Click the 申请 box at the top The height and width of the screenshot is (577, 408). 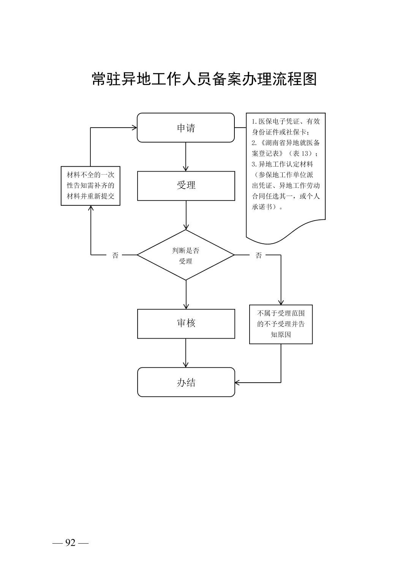tap(186, 128)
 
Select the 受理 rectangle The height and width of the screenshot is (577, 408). tap(186, 186)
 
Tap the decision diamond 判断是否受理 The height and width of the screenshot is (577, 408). tap(186, 255)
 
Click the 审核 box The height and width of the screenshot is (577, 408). tap(186, 323)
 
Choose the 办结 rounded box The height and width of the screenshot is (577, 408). tap(186, 382)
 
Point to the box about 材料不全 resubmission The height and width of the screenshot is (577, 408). tap(90, 186)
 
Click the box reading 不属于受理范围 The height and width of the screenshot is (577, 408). tap(281, 324)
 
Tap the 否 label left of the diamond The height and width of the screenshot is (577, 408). tap(115, 255)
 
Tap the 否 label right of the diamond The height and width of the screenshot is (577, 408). tap(259, 255)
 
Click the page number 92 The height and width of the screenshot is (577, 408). tap(70, 543)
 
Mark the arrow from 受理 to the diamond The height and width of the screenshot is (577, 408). tap(186, 215)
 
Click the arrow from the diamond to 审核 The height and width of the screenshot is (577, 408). tap(186, 295)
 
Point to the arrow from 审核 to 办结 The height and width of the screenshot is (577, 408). tap(186, 353)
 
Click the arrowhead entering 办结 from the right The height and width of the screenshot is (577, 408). tap(238, 382)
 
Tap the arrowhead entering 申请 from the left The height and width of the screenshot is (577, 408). tap(134, 128)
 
